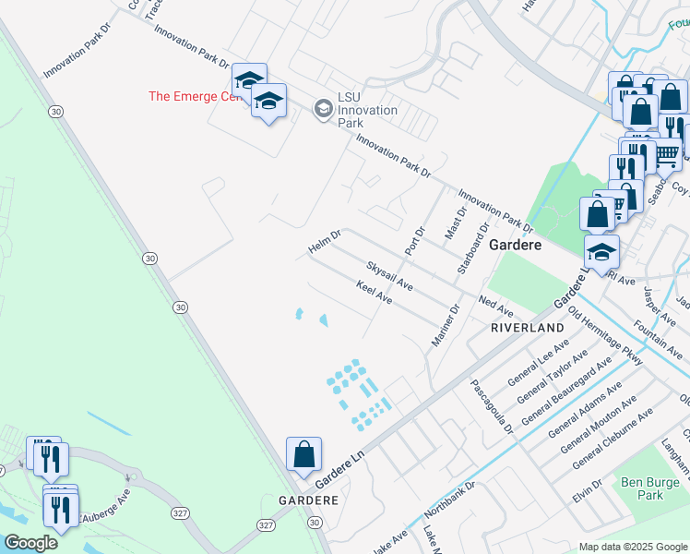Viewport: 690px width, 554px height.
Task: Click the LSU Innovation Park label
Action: [367, 111]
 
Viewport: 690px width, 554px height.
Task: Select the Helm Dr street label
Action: [324, 243]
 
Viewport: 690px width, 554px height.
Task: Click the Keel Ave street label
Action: [375, 295]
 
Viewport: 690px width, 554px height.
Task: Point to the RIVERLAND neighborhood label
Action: [527, 328]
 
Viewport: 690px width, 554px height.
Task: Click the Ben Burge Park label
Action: [643, 488]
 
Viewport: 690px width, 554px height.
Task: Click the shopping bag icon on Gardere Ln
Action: [303, 454]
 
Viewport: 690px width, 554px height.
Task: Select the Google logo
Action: [30, 543]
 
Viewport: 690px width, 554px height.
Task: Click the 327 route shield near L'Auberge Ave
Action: [180, 512]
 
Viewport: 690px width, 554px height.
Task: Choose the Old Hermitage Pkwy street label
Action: [606, 335]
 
